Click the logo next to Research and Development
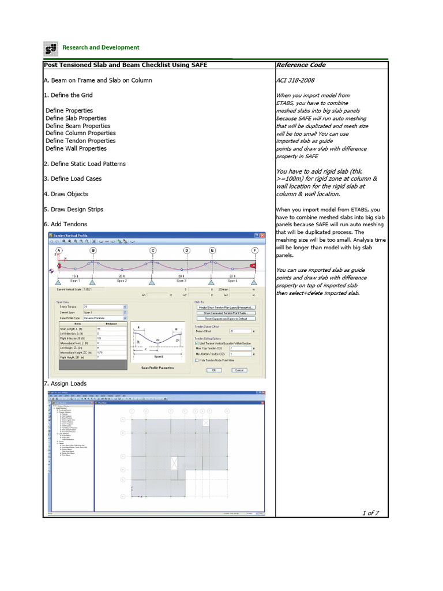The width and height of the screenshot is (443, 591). [51, 47]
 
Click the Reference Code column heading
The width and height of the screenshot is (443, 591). [301, 65]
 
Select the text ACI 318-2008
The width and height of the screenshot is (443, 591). [295, 80]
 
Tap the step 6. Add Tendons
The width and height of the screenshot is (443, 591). [65, 224]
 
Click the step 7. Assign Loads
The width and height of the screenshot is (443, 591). [65, 383]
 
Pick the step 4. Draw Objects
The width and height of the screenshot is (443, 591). [66, 194]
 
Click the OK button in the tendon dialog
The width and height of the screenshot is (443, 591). [213, 370]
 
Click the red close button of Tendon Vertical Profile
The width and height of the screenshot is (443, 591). [262, 235]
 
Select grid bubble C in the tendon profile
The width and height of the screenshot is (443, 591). [153, 250]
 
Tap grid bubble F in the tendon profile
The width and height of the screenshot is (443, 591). [254, 250]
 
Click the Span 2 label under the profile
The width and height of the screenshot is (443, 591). [122, 280]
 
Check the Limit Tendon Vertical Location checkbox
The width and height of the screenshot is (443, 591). [197, 342]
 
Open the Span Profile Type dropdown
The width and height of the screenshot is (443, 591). [125, 318]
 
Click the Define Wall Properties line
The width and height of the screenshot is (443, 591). [77, 148]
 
